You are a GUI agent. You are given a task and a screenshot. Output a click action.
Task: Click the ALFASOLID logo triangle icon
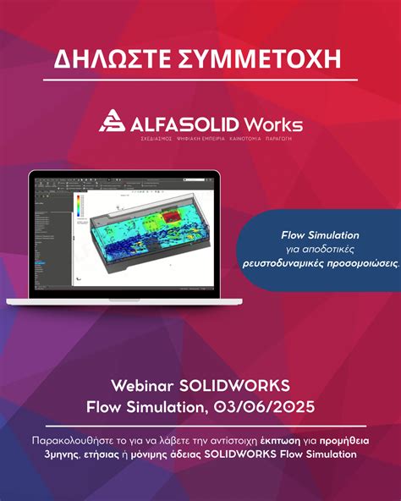pyautogui.click(x=113, y=123)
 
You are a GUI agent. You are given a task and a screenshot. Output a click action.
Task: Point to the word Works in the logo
pyautogui.click(x=277, y=124)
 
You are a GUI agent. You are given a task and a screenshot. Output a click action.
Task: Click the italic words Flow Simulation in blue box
pyautogui.click(x=320, y=234)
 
